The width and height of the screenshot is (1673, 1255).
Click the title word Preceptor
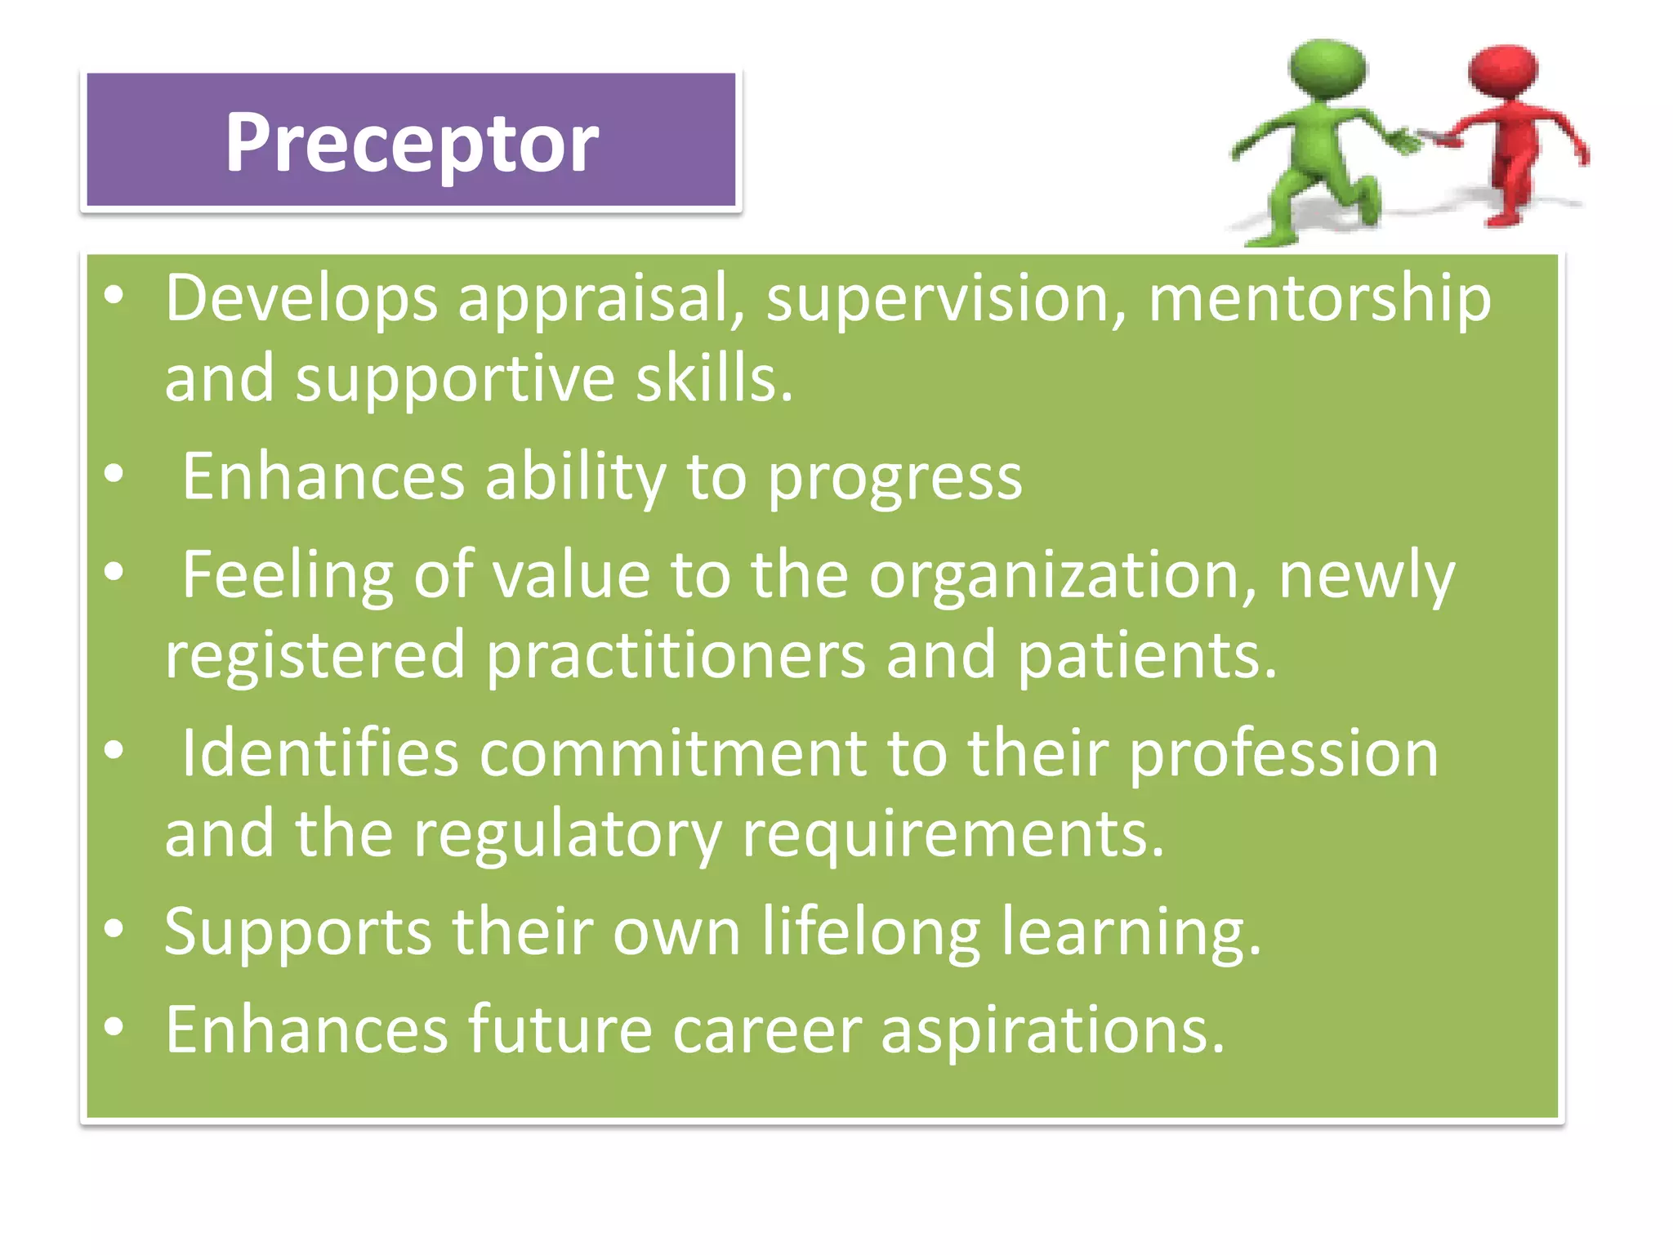[x=412, y=144]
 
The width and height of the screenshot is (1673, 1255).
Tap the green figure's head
[x=1327, y=69]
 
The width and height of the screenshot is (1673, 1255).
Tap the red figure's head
[x=1503, y=72]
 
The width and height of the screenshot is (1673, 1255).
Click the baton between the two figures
[x=1431, y=137]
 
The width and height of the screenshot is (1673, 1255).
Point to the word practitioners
[x=676, y=656]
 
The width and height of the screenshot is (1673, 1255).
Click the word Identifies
[x=319, y=754]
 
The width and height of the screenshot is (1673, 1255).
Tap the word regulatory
[x=567, y=835]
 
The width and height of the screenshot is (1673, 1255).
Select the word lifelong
[x=871, y=932]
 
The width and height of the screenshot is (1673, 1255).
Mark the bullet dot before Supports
[x=114, y=929]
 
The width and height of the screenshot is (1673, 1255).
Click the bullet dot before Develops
[x=114, y=296]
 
